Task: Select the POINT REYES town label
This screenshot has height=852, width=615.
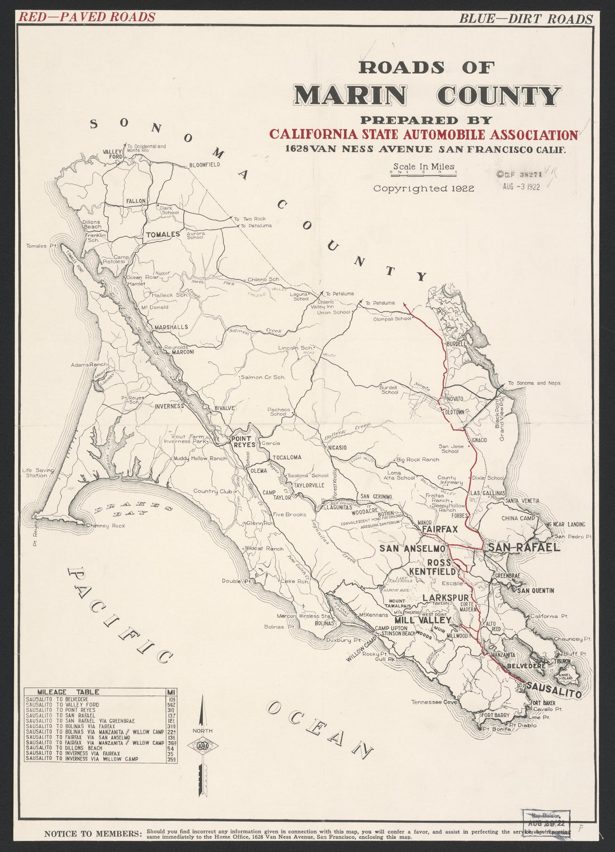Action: (242, 442)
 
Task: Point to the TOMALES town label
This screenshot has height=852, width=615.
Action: (163, 235)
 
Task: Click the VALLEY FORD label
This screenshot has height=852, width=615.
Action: (112, 154)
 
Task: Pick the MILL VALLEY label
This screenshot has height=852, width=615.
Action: (422, 621)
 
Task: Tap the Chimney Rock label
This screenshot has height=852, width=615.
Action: (106, 526)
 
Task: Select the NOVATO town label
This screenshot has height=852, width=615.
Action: (454, 400)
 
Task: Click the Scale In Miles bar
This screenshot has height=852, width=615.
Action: (424, 173)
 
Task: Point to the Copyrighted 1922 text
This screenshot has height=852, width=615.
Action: (423, 189)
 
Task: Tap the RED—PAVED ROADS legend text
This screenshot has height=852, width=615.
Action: (87, 17)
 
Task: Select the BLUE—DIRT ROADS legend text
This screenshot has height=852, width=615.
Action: (525, 18)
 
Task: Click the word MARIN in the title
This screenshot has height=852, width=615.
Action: (351, 96)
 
